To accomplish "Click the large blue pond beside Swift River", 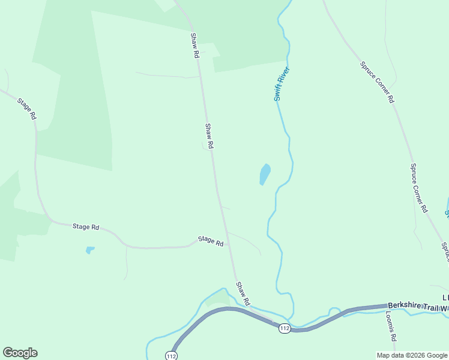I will click(264, 174).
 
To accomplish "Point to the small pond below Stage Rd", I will click(90, 250).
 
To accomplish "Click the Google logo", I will click(20, 353).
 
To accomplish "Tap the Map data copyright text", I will click(412, 355).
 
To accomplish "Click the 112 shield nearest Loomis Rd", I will click(285, 328).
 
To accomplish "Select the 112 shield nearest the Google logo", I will click(171, 355).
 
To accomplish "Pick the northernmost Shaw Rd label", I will click(194, 46).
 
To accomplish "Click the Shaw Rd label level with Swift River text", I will click(209, 136).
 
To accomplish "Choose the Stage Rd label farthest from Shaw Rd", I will click(27, 109).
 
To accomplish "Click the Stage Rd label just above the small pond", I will click(86, 227).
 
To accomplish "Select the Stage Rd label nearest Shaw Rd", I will click(211, 241).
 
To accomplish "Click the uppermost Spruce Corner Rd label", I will click(377, 82).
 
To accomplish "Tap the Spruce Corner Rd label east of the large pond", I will click(419, 188).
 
